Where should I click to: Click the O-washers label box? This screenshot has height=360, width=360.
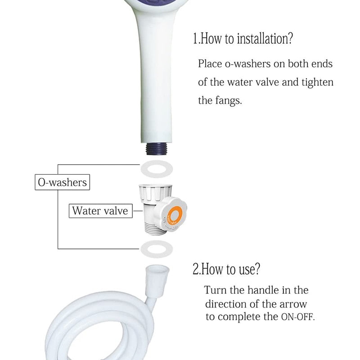pyautogui.click(x=61, y=183)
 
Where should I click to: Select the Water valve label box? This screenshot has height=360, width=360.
pyautogui.click(x=100, y=211)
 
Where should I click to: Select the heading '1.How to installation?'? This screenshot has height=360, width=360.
pyautogui.click(x=243, y=39)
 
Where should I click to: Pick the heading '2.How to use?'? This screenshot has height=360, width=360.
pyautogui.click(x=226, y=270)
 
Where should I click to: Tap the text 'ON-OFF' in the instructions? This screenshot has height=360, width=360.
pyautogui.click(x=297, y=317)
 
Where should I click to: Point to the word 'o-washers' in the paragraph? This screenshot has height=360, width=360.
pyautogui.click(x=247, y=64)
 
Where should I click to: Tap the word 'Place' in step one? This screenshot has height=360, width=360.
pyautogui.click(x=210, y=64)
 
